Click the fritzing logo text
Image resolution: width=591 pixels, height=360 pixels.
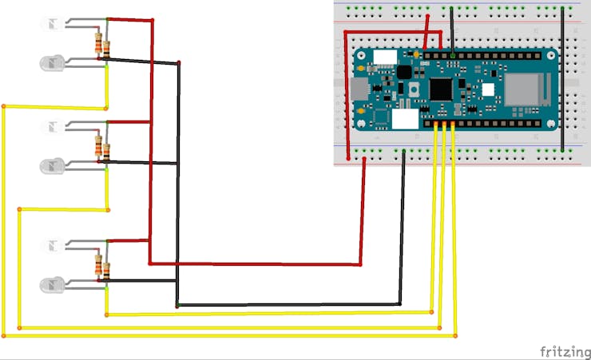pos(565,350)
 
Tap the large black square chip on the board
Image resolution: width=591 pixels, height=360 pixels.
pos(441,89)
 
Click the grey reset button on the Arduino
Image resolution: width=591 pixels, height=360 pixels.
pos(414,89)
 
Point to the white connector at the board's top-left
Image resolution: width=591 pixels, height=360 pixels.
pos(385,57)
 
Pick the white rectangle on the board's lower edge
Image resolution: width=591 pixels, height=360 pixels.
pos(404,119)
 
